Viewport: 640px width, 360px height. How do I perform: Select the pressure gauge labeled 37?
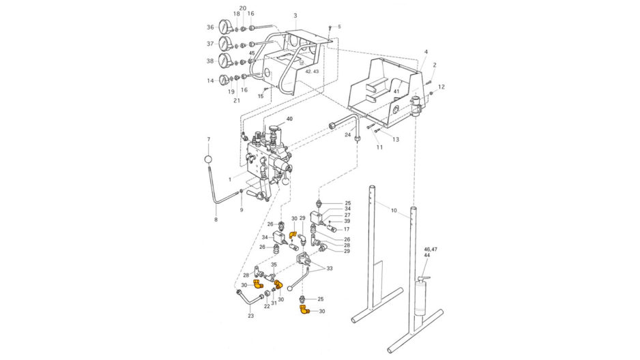tap(225, 43)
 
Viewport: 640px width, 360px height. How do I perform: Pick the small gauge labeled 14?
tap(224, 80)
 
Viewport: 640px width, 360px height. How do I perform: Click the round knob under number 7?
tap(209, 159)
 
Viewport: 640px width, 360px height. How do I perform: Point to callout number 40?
tap(289, 119)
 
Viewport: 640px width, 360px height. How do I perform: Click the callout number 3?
tap(295, 16)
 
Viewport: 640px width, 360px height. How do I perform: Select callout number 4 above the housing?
tap(426, 52)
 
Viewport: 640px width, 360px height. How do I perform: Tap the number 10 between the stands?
tap(394, 211)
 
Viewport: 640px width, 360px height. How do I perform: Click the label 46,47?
tap(431, 249)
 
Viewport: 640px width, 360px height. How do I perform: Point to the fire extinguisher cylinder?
tap(420, 297)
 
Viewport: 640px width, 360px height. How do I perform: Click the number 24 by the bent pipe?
tap(348, 134)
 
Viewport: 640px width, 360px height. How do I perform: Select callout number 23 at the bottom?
tap(250, 316)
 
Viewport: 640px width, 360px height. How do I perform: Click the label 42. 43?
tap(312, 71)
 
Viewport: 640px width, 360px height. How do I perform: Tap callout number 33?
tap(329, 268)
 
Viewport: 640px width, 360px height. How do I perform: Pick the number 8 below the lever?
tap(216, 220)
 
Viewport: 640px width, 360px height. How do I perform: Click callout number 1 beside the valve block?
tap(230, 179)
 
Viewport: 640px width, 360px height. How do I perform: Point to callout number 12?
tap(441, 87)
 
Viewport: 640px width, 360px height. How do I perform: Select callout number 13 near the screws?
tap(396, 140)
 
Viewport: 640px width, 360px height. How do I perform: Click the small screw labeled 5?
tap(330, 29)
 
